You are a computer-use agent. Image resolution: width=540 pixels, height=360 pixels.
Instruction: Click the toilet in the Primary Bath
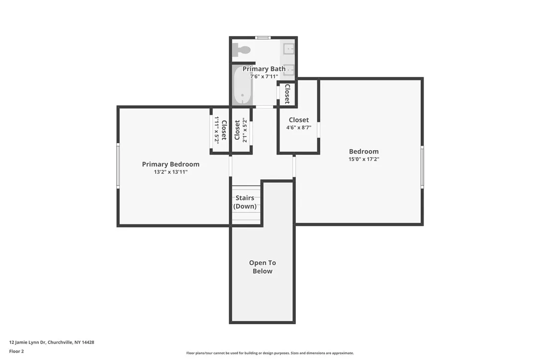click(242, 50)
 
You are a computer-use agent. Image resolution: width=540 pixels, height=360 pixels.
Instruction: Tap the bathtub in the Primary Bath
click(242, 86)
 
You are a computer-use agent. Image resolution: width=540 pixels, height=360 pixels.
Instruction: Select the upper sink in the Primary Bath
click(288, 49)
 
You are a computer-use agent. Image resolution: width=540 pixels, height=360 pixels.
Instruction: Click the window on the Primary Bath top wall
click(263, 38)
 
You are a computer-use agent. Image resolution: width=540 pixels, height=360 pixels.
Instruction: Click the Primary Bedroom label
click(171, 164)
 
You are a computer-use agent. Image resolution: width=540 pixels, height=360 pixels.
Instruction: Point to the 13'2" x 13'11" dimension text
click(171, 172)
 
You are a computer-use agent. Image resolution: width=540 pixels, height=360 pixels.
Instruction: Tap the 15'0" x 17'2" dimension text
click(363, 160)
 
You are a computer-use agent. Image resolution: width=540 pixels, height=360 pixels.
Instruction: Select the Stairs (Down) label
click(245, 202)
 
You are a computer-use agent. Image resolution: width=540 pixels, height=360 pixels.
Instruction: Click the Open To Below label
click(262, 267)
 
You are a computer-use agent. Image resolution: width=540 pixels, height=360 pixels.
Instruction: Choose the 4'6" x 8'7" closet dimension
click(298, 128)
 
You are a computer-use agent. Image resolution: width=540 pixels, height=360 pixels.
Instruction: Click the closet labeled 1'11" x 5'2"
click(220, 130)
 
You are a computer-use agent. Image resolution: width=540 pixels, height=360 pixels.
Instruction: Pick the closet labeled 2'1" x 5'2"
click(241, 130)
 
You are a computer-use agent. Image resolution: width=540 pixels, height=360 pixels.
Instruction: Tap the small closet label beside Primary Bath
click(287, 93)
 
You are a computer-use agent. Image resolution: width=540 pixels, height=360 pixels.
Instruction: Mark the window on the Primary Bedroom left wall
click(118, 166)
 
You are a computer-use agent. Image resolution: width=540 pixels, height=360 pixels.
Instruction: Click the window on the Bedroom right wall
click(422, 167)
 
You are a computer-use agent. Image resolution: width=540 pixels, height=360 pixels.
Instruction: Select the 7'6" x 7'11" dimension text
click(264, 77)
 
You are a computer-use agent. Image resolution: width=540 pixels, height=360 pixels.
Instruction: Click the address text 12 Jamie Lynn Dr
click(52, 342)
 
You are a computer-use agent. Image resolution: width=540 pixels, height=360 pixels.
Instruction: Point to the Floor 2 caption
click(16, 351)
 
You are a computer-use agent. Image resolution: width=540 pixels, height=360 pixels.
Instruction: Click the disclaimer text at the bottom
click(270, 353)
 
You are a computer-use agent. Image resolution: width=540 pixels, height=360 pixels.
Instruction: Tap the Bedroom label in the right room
click(363, 152)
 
